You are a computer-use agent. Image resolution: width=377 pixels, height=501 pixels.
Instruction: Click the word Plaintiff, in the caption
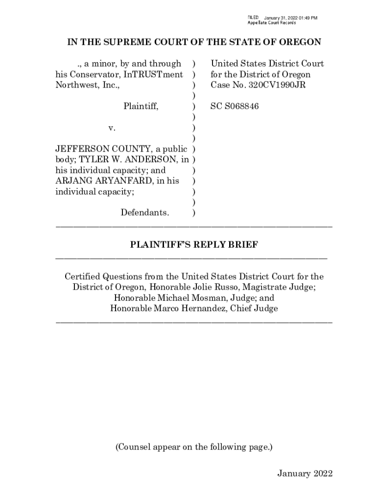pos(141,106)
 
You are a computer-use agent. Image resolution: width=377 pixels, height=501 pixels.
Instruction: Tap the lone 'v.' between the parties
pos(112,128)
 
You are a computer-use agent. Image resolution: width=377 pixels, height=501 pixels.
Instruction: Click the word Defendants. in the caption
pos(145,213)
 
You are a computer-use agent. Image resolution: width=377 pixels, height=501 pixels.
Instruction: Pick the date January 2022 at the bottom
pos(305,473)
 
